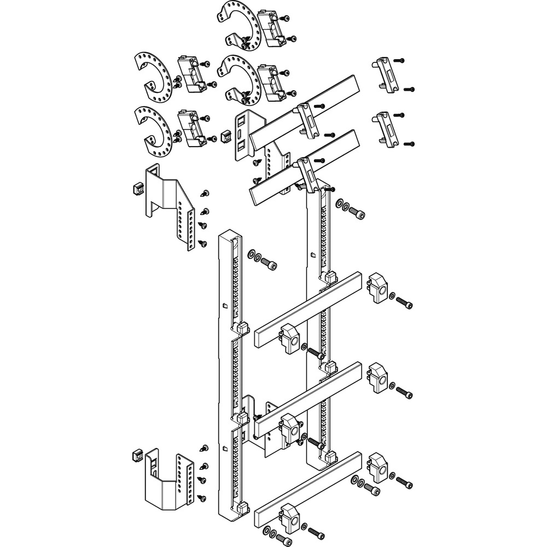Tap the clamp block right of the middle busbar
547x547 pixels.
click(x=377, y=378)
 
